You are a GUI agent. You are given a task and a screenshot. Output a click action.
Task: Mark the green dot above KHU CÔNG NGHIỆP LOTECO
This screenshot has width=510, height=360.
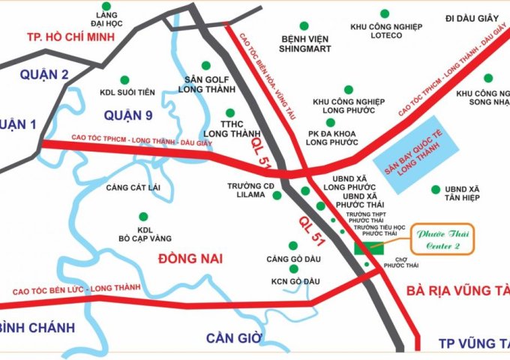(385, 13)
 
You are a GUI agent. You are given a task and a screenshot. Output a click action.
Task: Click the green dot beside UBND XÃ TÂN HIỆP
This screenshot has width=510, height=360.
(435, 189)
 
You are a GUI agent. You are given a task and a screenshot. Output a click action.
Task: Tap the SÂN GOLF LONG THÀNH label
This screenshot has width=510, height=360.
(205, 84)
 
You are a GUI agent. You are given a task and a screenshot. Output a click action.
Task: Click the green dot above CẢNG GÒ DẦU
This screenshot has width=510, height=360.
(292, 245)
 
